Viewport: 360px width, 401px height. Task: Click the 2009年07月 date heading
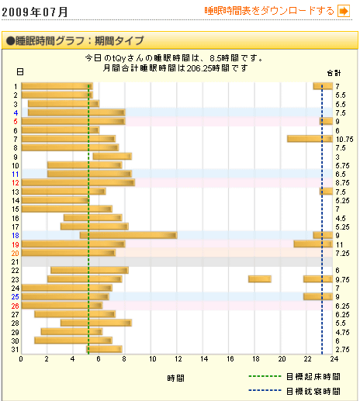(x=36, y=12)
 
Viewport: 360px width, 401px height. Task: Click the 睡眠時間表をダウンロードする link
(x=268, y=11)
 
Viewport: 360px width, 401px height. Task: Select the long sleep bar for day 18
(x=128, y=235)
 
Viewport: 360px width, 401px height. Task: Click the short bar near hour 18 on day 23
(x=259, y=278)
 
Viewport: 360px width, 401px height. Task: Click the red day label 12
(x=16, y=182)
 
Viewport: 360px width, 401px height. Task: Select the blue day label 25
(x=16, y=296)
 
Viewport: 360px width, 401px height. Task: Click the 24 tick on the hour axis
(x=333, y=359)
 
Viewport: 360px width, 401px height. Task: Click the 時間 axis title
(x=175, y=378)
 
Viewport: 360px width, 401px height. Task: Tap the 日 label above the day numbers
(x=19, y=72)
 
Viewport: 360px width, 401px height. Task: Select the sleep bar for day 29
(x=71, y=331)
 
